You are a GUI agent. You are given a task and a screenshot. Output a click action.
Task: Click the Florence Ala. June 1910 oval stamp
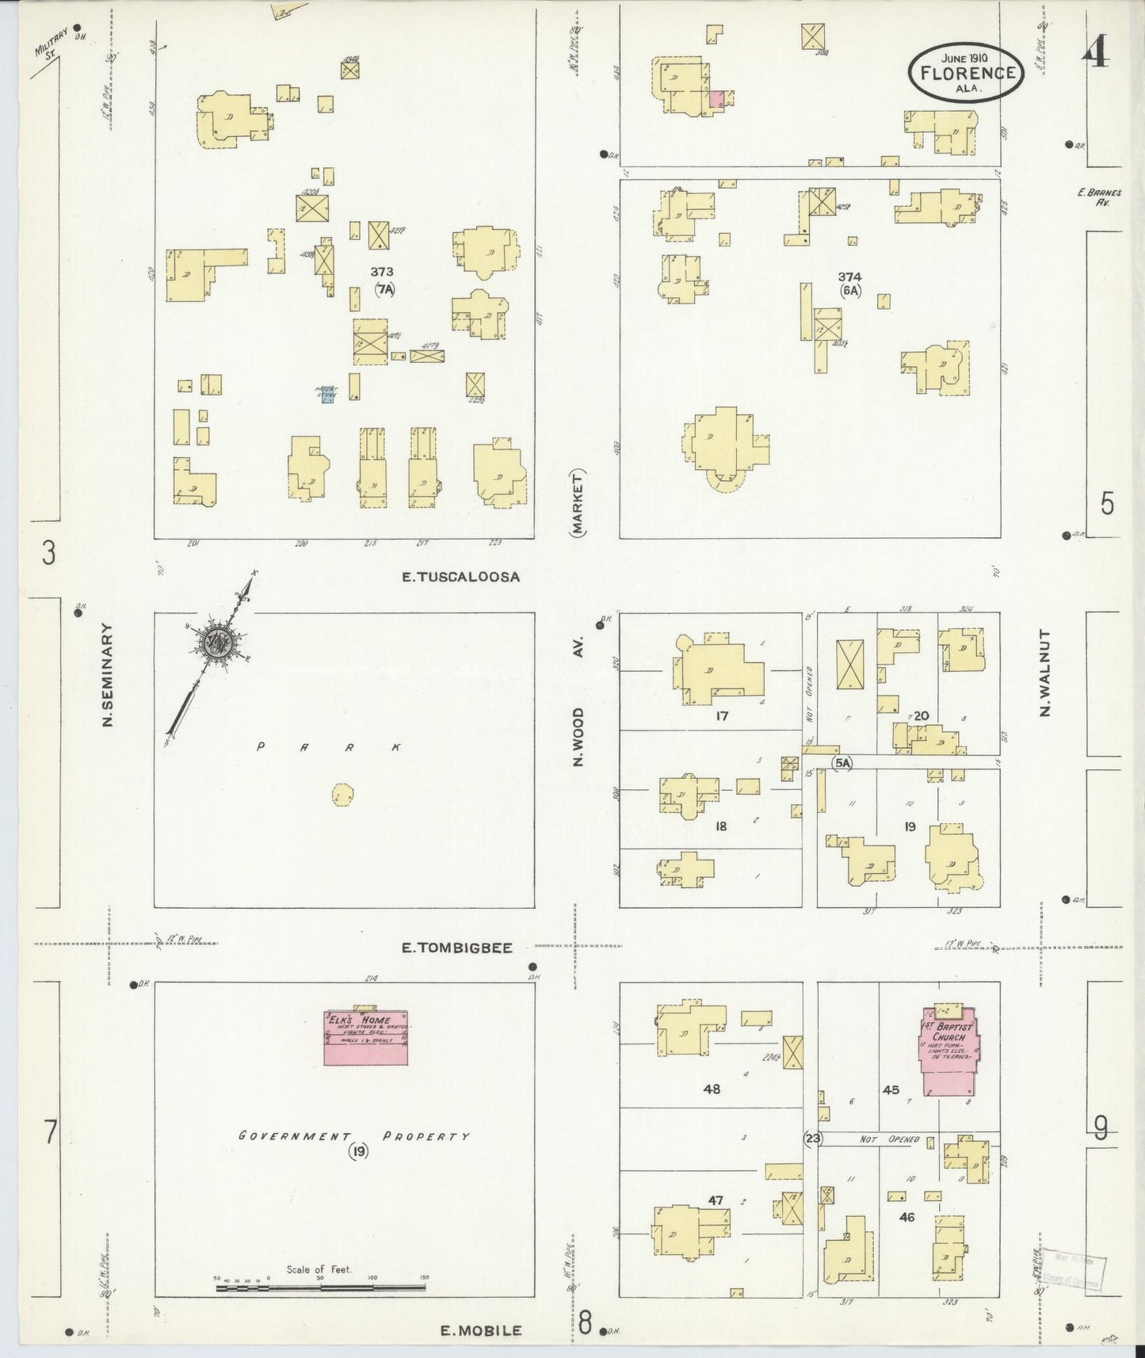click(x=967, y=73)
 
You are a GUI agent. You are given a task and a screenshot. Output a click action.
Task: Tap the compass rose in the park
click(x=214, y=643)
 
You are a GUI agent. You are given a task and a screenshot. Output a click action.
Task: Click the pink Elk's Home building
click(x=366, y=1037)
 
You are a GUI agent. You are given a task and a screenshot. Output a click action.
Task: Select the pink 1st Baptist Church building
click(x=948, y=1051)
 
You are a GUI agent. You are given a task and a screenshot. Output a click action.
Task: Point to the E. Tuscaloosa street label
click(x=460, y=577)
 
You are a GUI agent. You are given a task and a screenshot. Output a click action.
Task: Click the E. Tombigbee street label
click(x=457, y=947)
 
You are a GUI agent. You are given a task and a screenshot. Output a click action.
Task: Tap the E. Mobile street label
click(x=481, y=1330)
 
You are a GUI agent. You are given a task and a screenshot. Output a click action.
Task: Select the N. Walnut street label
click(x=1044, y=673)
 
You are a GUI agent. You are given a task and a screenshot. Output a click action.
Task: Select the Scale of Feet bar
click(x=321, y=1287)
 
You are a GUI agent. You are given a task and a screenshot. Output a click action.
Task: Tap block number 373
click(x=382, y=272)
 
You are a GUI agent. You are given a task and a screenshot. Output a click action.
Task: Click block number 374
click(x=849, y=277)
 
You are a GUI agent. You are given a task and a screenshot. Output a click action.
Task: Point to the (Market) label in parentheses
click(x=578, y=504)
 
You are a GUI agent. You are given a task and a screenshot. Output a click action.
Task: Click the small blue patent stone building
click(x=328, y=395)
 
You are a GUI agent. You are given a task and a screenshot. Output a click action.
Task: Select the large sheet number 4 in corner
click(x=1097, y=54)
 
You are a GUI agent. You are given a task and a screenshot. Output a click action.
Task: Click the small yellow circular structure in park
click(x=342, y=794)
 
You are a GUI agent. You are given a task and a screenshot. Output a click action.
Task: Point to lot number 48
click(x=711, y=1089)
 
